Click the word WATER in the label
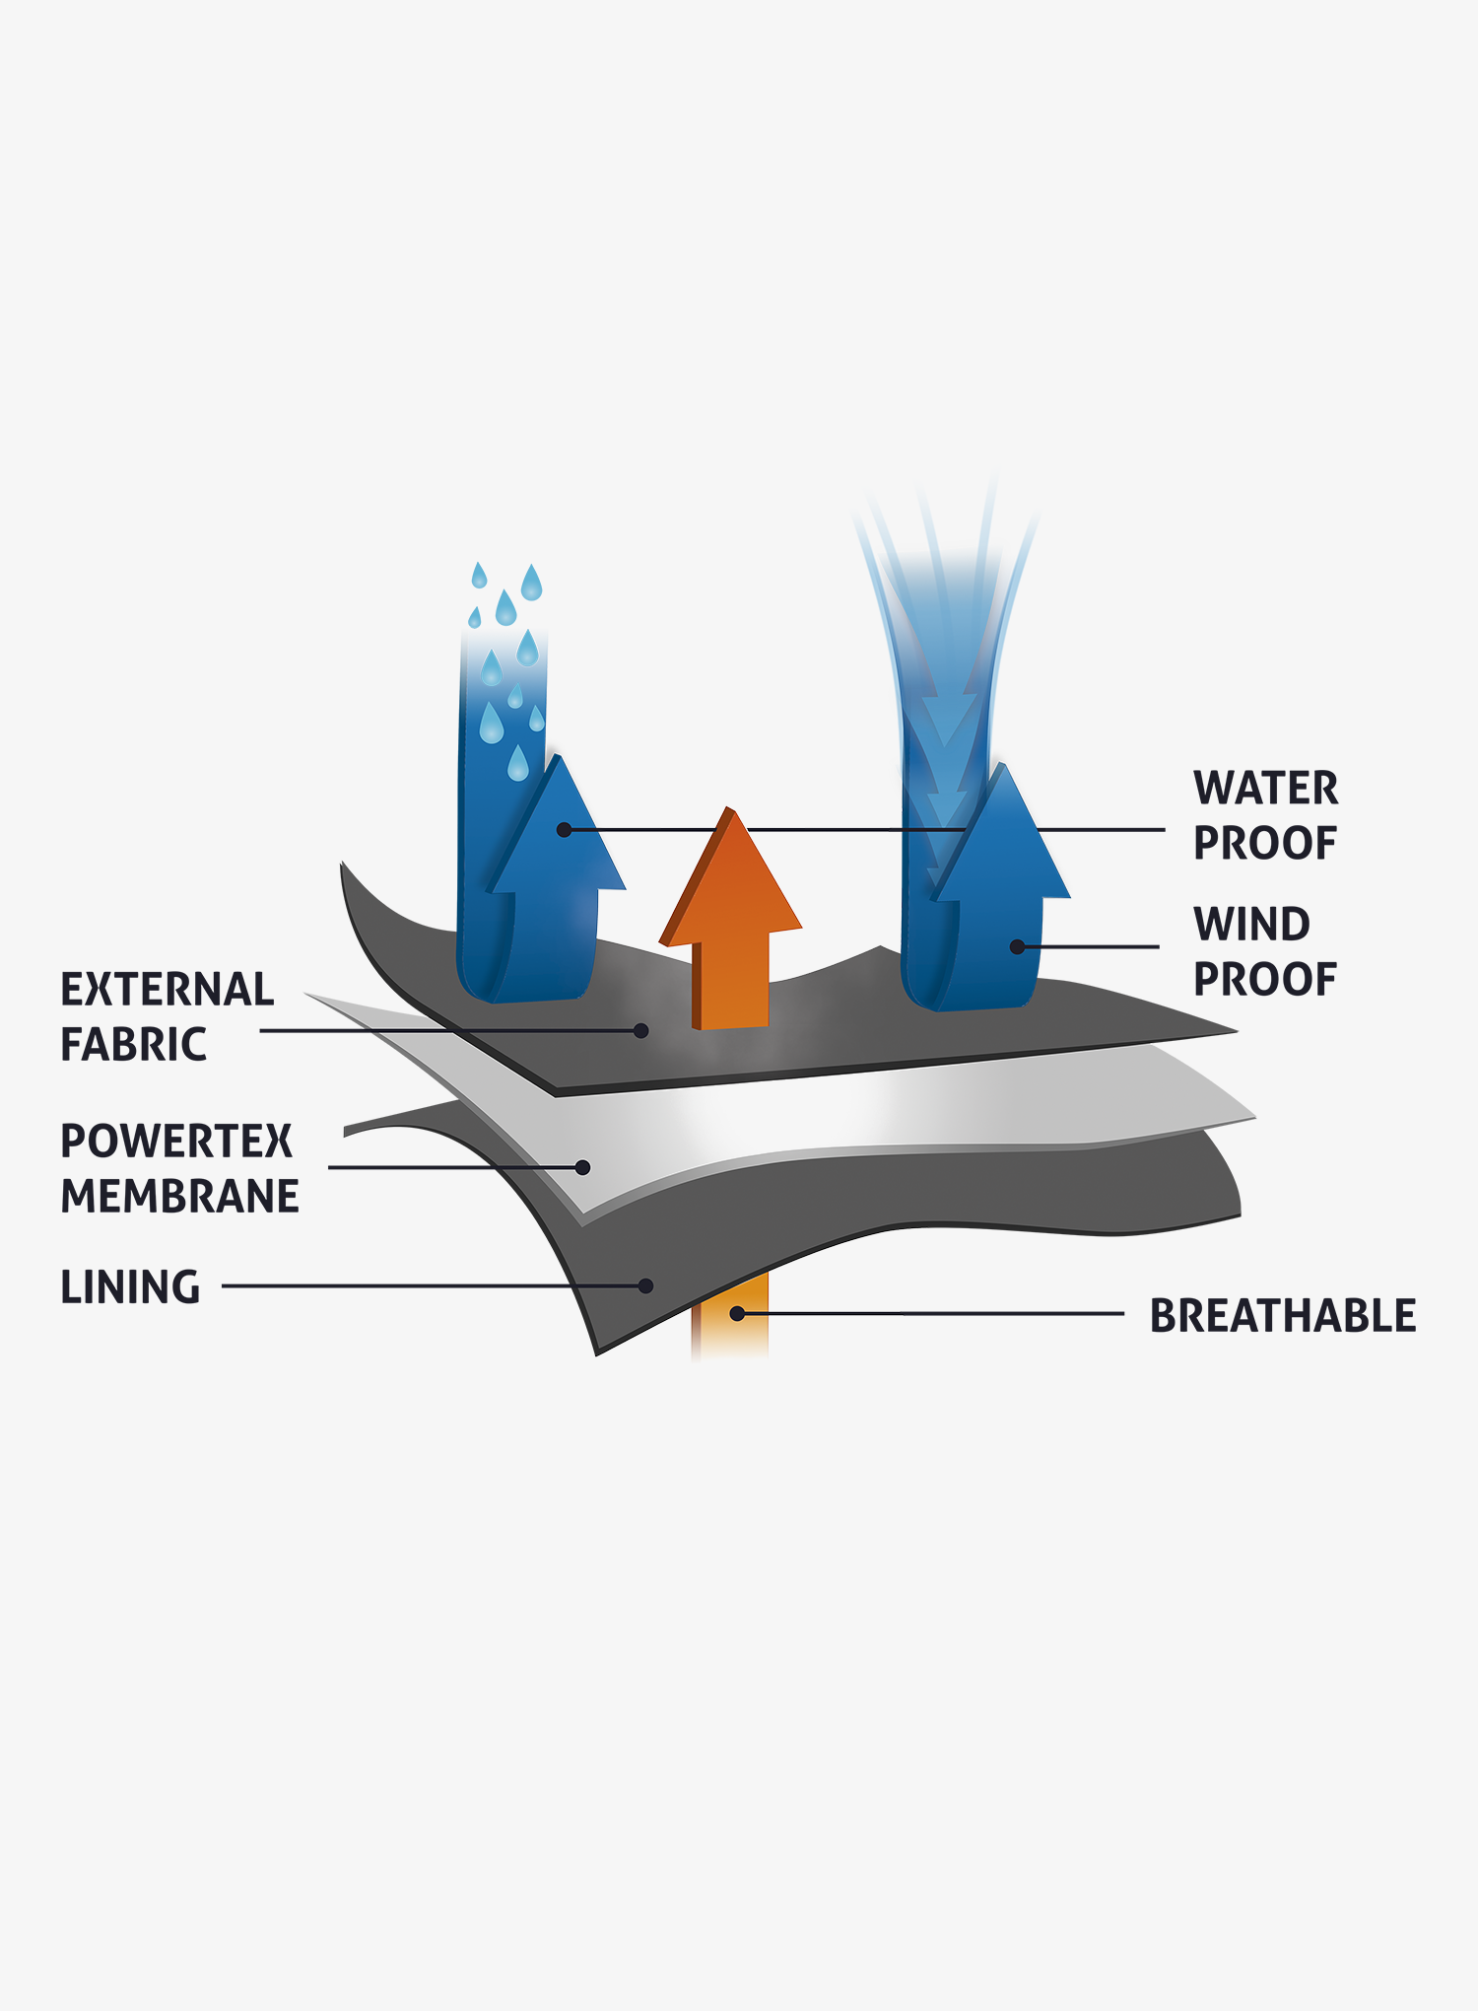click(x=1266, y=789)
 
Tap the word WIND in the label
click(x=1251, y=925)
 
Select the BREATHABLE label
click(x=1283, y=1316)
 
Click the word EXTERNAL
click(x=168, y=990)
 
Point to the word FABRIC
click(x=134, y=1045)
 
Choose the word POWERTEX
click(x=177, y=1142)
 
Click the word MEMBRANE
click(x=180, y=1197)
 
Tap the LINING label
click(x=131, y=1287)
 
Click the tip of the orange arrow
click(x=730, y=807)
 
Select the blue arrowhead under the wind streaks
click(x=1001, y=833)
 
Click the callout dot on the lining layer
click(x=645, y=1285)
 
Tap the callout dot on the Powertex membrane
click(x=582, y=1167)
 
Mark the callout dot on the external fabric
click(x=641, y=1031)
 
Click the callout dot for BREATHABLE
click(x=736, y=1314)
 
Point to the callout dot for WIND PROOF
click(x=1018, y=947)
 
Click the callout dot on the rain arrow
click(x=564, y=830)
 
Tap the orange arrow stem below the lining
click(x=730, y=1316)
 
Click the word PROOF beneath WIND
click(x=1265, y=980)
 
